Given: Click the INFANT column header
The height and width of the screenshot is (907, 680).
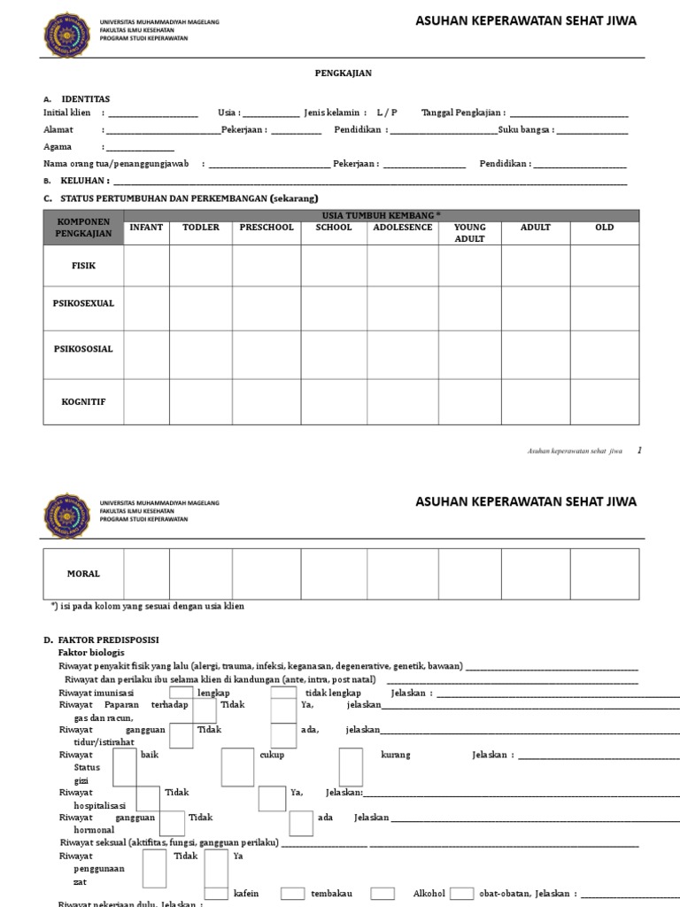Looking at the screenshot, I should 146,228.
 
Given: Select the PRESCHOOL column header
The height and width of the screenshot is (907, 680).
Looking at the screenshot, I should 267,228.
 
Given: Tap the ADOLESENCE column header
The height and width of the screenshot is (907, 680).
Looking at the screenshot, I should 403,228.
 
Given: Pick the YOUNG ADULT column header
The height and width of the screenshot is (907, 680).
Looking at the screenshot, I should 470,233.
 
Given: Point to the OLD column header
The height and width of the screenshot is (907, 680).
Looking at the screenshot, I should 605,228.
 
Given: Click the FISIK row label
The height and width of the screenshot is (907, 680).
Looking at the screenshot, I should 83,265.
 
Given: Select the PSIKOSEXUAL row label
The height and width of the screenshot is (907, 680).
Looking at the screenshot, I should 83,303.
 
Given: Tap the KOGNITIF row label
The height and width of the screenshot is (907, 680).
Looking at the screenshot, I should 83,401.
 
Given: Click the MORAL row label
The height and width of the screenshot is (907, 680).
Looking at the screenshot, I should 83,574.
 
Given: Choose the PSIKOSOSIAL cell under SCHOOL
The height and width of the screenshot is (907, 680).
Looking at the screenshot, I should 334,354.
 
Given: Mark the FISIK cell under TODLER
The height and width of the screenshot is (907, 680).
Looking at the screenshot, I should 201,265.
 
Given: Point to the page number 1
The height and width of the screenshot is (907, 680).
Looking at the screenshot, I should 639,451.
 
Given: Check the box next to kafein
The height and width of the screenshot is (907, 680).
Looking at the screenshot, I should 217,893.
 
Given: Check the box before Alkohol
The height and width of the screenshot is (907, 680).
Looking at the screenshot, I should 382,893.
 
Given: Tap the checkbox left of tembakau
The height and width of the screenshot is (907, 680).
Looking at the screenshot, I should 293,893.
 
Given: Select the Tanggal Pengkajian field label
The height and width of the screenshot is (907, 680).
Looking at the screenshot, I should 463,113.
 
